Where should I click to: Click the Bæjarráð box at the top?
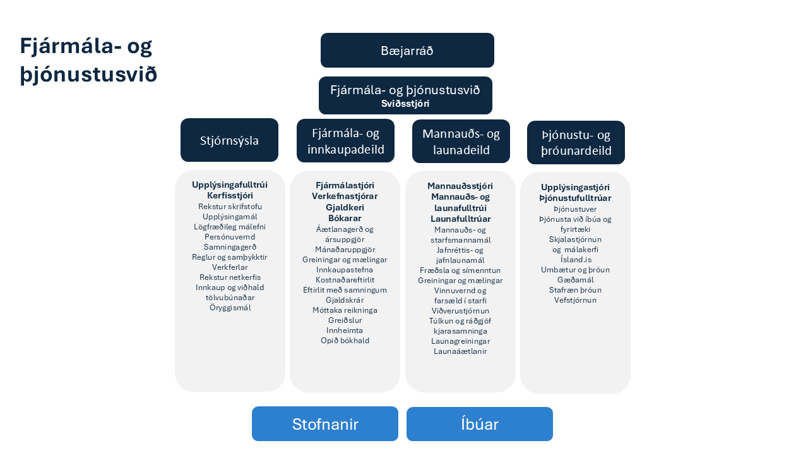click(x=407, y=51)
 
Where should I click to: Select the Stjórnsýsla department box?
click(x=229, y=140)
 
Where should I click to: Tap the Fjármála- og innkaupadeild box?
click(x=345, y=141)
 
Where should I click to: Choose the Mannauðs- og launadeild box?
click(x=461, y=142)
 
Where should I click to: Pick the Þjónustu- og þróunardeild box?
click(x=576, y=143)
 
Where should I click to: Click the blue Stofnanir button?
click(x=325, y=424)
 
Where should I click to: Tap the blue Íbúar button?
click(x=480, y=424)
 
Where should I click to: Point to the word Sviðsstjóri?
click(x=405, y=104)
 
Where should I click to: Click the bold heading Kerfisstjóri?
click(x=230, y=196)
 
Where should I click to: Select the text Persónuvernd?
click(x=230, y=236)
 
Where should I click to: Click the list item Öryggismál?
click(x=230, y=308)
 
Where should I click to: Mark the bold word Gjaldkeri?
click(x=345, y=207)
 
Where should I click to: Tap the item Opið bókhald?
click(x=345, y=340)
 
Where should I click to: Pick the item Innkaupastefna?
click(x=345, y=269)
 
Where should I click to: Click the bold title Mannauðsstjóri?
click(x=460, y=186)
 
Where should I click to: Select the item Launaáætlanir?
click(x=460, y=351)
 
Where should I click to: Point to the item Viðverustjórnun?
click(x=460, y=310)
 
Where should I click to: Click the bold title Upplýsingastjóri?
click(x=575, y=187)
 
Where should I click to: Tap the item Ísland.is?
click(x=575, y=260)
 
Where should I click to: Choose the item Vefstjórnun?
click(x=575, y=300)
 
